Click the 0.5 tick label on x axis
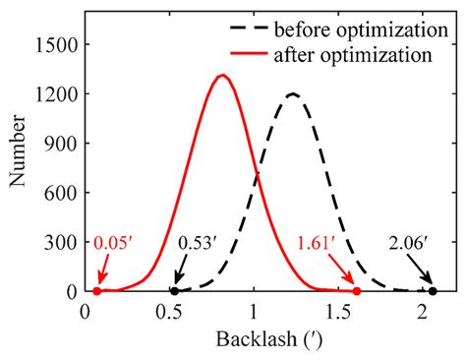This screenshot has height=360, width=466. [x=169, y=313]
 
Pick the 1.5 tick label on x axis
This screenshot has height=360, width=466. [x=339, y=313]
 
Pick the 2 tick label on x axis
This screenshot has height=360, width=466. [x=424, y=313]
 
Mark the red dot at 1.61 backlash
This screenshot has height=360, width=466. [x=357, y=292]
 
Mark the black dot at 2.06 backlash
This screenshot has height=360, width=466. [x=433, y=292]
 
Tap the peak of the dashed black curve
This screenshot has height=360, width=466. [x=293, y=93]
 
